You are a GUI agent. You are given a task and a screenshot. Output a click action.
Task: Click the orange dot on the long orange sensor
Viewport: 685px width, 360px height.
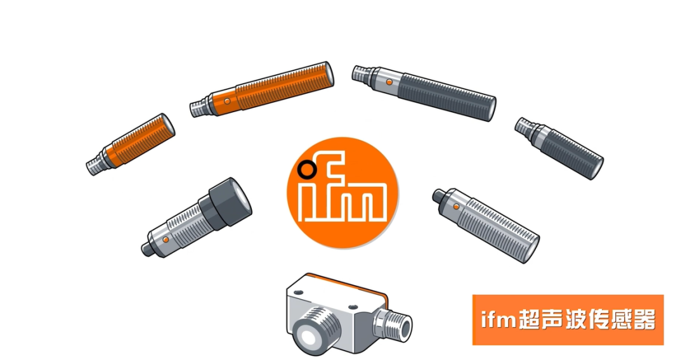[226, 101]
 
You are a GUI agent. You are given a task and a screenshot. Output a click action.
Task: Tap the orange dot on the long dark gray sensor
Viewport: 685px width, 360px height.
[389, 82]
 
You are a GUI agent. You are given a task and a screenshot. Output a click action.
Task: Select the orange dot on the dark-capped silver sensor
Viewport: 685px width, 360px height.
[166, 240]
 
